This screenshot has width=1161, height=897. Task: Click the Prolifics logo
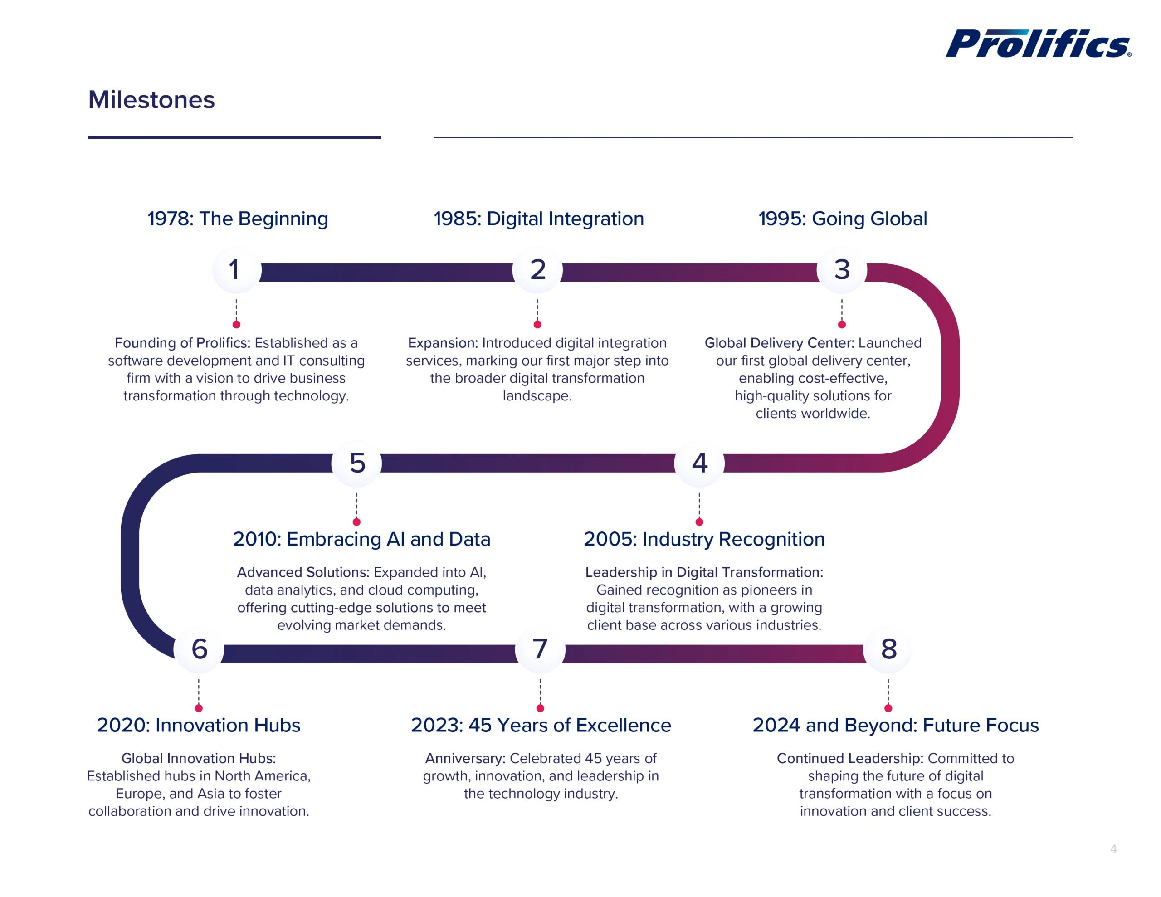(x=1038, y=44)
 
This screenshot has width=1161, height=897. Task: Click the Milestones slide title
(x=151, y=100)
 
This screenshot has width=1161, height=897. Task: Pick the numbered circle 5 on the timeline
(x=357, y=463)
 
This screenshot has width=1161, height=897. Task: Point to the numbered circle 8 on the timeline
(x=888, y=649)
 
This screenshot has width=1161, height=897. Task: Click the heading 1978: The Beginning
(x=238, y=219)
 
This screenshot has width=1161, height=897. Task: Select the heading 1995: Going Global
(x=843, y=219)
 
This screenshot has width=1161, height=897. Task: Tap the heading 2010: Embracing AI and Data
(x=361, y=539)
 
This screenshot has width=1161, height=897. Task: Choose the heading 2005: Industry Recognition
(x=704, y=539)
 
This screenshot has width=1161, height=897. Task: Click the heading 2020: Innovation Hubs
(x=198, y=725)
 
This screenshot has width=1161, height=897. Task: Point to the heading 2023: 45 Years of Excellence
(x=541, y=725)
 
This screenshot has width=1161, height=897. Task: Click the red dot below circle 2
(x=537, y=324)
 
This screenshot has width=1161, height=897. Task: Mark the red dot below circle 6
(x=198, y=708)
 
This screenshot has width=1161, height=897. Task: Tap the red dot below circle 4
(x=699, y=522)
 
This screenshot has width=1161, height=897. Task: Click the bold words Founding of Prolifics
(x=182, y=343)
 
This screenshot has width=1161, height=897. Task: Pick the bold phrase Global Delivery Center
(x=779, y=343)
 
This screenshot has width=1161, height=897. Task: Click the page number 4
(x=1113, y=848)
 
